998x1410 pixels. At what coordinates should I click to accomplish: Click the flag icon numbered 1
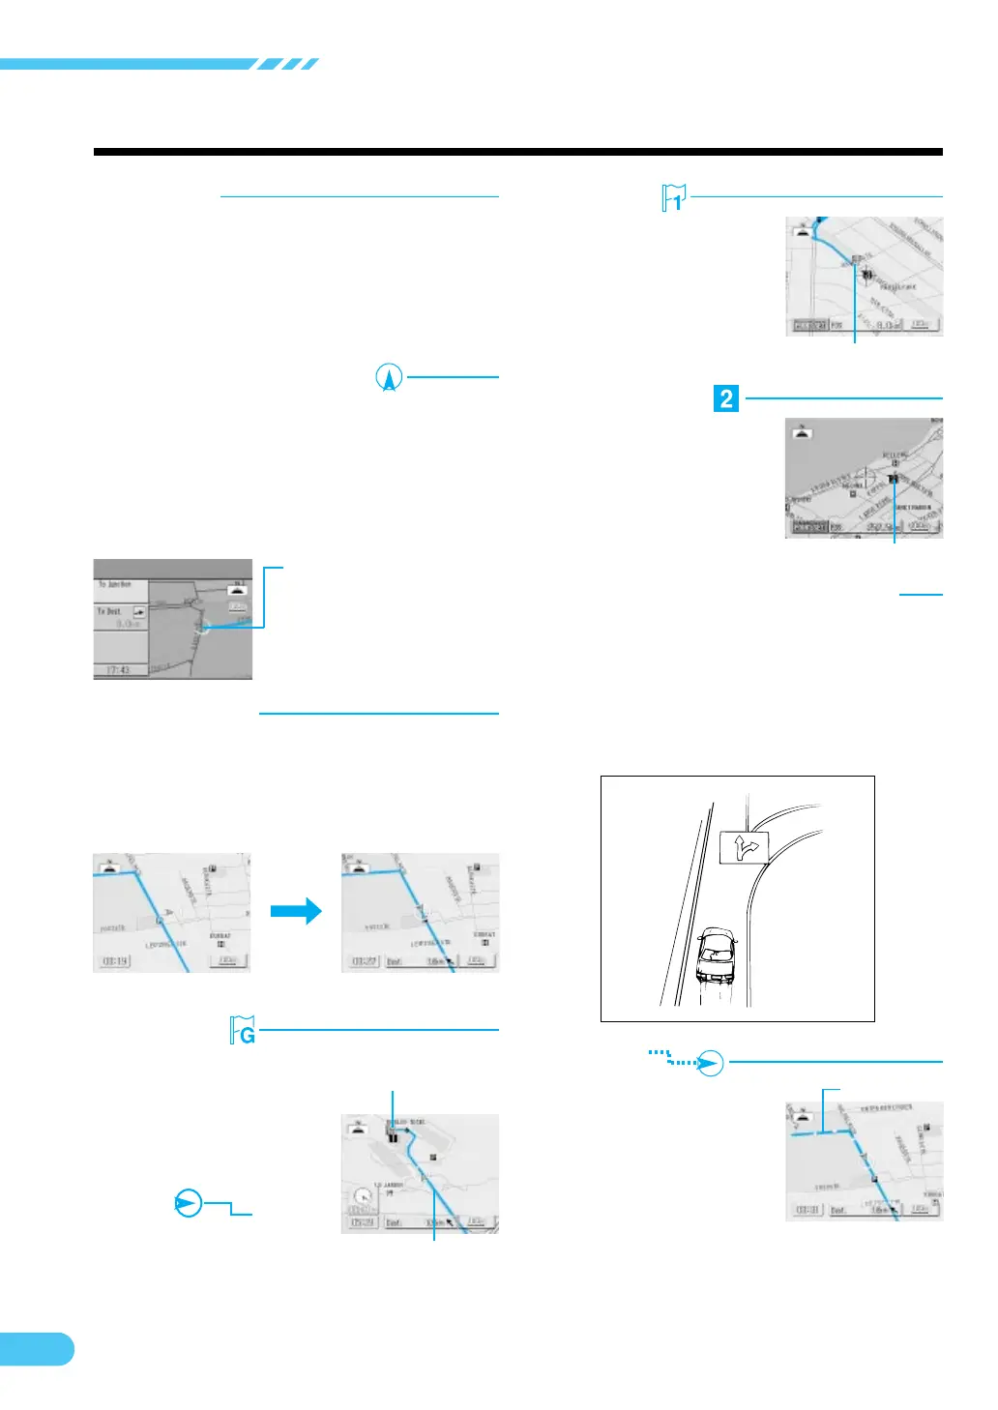(x=674, y=198)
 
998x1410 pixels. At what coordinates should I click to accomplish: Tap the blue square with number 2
(x=726, y=398)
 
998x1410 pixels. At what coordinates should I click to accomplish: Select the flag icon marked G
(x=243, y=1031)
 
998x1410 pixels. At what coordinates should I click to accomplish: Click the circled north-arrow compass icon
(x=389, y=377)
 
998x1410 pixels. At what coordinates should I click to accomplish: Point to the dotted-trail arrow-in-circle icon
(x=710, y=1063)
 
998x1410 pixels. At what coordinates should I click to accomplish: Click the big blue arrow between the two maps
(x=296, y=911)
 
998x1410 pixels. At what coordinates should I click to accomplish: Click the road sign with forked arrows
(x=744, y=847)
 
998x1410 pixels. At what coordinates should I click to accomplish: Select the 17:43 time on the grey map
(x=118, y=669)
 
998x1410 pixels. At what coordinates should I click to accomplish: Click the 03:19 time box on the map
(x=114, y=961)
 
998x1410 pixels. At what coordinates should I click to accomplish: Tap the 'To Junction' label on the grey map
(x=115, y=585)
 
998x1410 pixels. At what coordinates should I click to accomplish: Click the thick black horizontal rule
(x=517, y=152)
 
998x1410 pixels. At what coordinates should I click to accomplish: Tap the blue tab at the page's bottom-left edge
(x=36, y=1348)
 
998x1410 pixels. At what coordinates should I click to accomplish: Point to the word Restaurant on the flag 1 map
(x=898, y=287)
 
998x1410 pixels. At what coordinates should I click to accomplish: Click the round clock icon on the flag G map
(x=363, y=1197)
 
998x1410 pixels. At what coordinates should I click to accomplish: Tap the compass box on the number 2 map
(x=802, y=432)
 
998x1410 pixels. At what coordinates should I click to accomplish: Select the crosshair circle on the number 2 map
(x=864, y=477)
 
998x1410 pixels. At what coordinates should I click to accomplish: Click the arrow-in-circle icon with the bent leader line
(x=189, y=1203)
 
